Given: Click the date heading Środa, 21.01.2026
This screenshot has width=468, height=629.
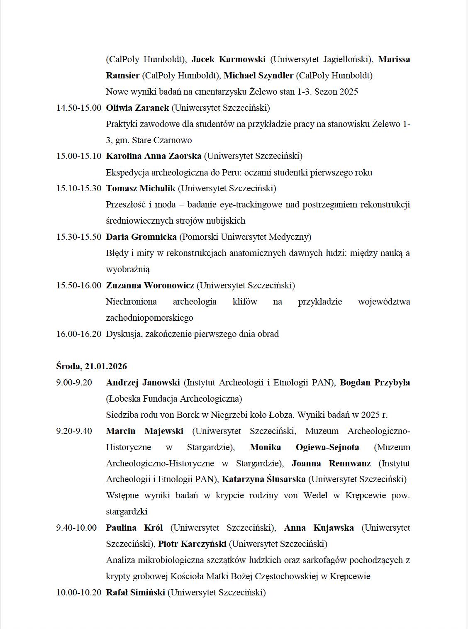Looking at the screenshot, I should pos(92,366).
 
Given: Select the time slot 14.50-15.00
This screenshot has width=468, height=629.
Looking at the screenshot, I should pos(79,108).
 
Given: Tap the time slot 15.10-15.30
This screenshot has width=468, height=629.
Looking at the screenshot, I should pos(79,188).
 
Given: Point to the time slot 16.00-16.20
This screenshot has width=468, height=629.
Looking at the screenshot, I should pos(79,334).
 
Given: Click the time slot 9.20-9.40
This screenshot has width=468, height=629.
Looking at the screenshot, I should pos(74,431).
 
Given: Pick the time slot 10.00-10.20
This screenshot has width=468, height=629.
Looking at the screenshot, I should pos(79,592).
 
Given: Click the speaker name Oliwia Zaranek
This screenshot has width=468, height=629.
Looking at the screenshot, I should pos(137,108).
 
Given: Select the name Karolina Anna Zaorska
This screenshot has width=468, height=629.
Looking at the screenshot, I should pos(154,156).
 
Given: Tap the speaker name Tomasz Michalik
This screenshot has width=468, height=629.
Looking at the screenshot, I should pos(141,188).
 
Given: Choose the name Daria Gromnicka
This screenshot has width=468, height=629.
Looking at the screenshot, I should pos(141,237).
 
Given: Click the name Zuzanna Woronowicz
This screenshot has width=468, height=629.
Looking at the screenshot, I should pos(150,285).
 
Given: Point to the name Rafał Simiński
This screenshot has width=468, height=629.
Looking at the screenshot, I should pos(135,592).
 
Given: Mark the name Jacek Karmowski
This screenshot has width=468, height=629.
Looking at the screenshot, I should pos(228,59).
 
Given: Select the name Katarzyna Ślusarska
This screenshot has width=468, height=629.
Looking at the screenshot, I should pos(263,479).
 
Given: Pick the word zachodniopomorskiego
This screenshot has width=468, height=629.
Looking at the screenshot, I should pos(149,318).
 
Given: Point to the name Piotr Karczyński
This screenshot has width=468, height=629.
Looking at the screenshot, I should pos(192,544).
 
